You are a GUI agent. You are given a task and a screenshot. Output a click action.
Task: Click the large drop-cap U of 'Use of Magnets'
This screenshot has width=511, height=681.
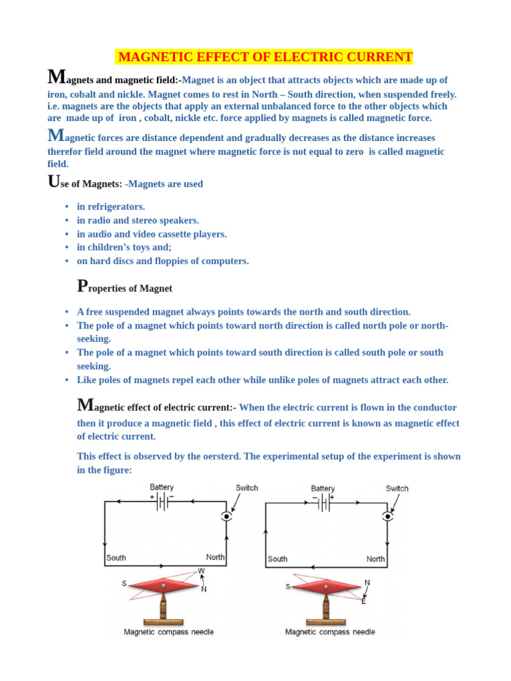tap(55, 182)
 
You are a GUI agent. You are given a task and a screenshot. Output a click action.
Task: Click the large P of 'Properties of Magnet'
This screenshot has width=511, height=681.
tap(83, 286)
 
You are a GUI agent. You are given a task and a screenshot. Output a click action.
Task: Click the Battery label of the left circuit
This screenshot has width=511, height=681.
tap(162, 487)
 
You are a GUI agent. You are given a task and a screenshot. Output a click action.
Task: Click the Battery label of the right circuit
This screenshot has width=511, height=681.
tap(323, 488)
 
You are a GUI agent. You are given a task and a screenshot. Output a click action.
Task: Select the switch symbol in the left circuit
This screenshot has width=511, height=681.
tap(228, 516)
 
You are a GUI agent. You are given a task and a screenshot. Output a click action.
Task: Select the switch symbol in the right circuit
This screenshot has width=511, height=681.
tap(388, 516)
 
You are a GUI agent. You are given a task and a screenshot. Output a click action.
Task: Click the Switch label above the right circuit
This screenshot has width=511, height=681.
tap(397, 488)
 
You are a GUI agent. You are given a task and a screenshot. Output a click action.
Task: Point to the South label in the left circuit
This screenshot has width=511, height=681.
tap(116, 558)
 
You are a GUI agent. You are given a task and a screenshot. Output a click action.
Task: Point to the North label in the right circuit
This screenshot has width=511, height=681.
tap(375, 559)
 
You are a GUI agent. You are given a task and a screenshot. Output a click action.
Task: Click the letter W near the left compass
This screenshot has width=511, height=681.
tap(202, 571)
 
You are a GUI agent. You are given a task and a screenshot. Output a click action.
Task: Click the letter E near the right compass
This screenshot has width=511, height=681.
tap(363, 601)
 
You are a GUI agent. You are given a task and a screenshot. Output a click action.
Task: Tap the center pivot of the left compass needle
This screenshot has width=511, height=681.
tap(163, 586)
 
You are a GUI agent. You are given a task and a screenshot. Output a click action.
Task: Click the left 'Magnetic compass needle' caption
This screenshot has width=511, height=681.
tap(169, 632)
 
